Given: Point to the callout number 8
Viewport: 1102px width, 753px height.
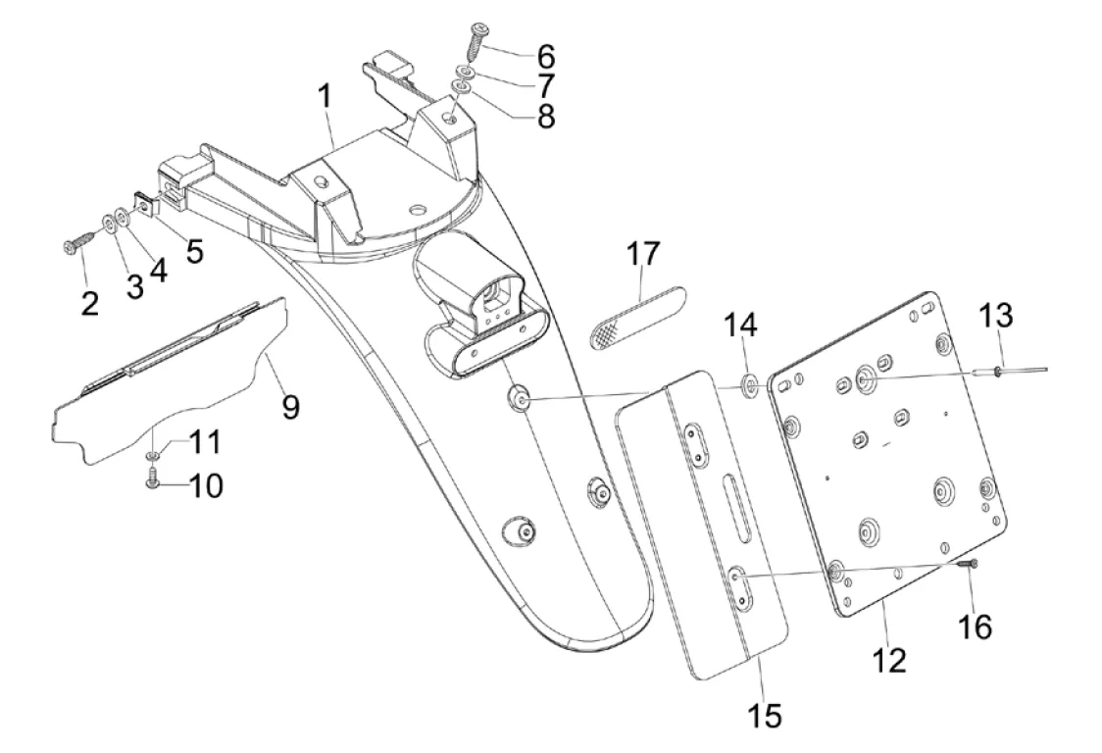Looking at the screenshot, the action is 545,116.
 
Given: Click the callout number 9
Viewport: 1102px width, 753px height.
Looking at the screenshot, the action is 290,406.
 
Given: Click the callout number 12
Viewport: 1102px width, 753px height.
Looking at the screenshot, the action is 889,661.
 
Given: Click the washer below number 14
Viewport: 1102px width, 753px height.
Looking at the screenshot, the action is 750,384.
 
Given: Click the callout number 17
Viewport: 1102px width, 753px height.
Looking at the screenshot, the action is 642,254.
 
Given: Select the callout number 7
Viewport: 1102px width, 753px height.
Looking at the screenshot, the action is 545,85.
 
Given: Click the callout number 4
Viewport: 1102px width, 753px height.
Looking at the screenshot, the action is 160,270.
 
